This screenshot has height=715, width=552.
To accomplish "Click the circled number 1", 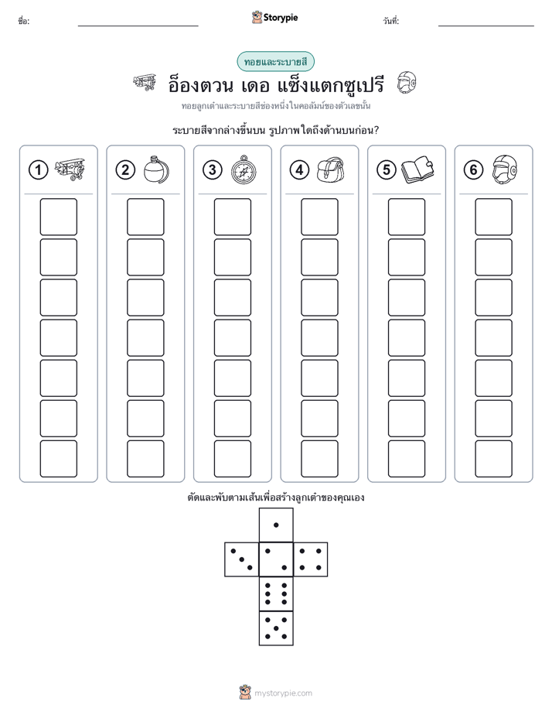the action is (x=38, y=170).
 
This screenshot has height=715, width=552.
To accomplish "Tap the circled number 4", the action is (x=299, y=170).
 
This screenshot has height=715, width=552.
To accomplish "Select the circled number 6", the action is (x=473, y=170).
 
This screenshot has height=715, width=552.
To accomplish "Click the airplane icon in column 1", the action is (x=70, y=169).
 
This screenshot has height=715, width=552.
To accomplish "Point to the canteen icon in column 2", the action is (x=156, y=169).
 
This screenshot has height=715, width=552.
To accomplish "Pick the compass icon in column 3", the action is (x=244, y=169).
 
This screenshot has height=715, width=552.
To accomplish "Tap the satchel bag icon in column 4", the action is (x=331, y=170).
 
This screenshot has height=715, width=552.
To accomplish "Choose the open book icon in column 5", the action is (x=417, y=170).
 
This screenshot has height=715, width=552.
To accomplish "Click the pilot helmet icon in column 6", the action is (x=505, y=169).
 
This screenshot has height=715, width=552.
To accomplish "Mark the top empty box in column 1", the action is (x=58, y=217).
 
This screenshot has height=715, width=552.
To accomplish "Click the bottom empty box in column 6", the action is (x=494, y=459).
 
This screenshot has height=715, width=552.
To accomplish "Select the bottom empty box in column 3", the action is (x=233, y=459).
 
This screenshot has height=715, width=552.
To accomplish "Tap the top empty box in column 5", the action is (x=407, y=217).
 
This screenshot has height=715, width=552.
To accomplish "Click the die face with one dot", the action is (x=276, y=525).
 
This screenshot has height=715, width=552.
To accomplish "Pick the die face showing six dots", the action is (x=276, y=594).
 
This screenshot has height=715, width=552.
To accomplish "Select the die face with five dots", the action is (x=276, y=628).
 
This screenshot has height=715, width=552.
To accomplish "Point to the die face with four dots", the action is (x=311, y=559).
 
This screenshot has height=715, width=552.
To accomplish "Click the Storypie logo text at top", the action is (x=281, y=18).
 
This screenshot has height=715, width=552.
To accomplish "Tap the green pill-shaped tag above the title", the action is (x=275, y=62).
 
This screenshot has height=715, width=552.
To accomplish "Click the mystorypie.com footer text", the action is (x=283, y=693).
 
